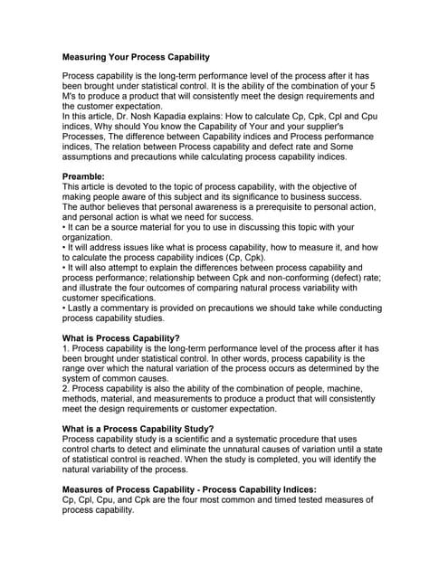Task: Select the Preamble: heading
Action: (x=87, y=176)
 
